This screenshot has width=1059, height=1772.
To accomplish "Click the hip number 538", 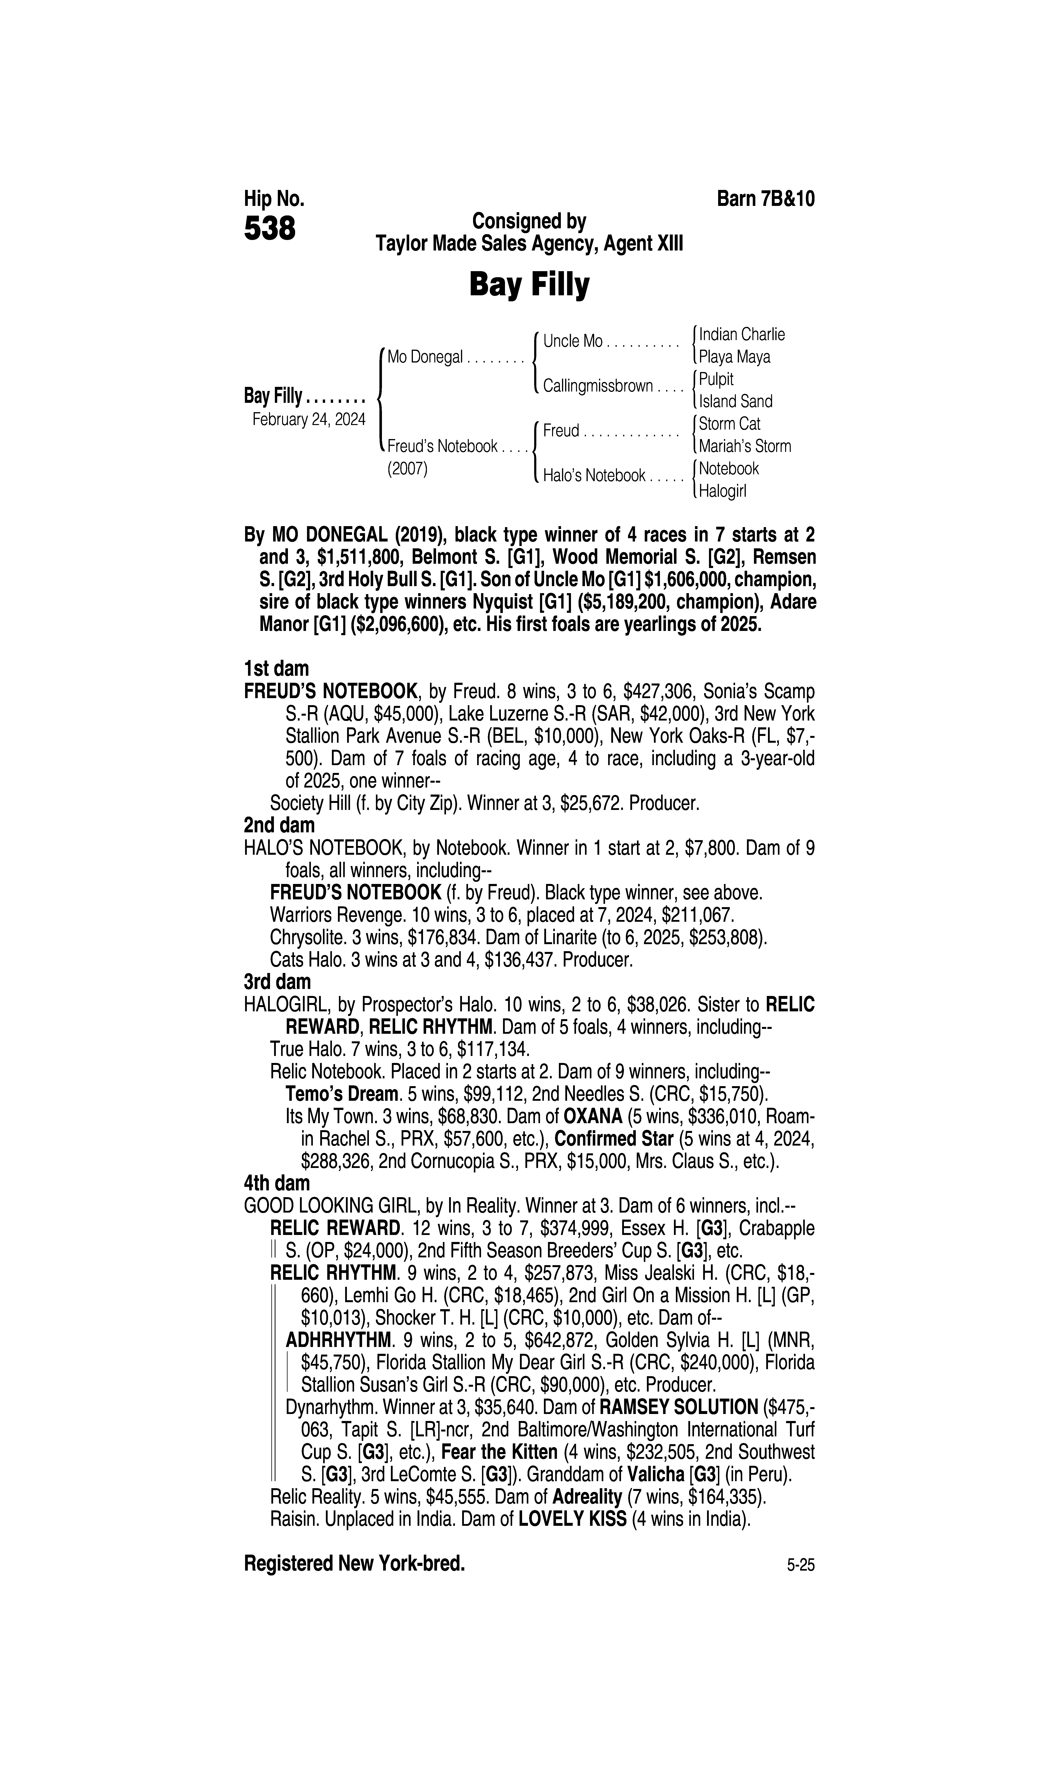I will [x=270, y=229].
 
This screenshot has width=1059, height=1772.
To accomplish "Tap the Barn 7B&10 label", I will [x=765, y=198].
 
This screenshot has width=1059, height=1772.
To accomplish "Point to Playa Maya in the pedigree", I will [x=734, y=357].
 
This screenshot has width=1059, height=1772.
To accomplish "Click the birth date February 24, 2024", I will [x=308, y=419].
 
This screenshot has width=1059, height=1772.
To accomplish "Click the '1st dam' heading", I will [x=276, y=669].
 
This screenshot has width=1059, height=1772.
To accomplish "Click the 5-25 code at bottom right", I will [x=801, y=1586].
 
